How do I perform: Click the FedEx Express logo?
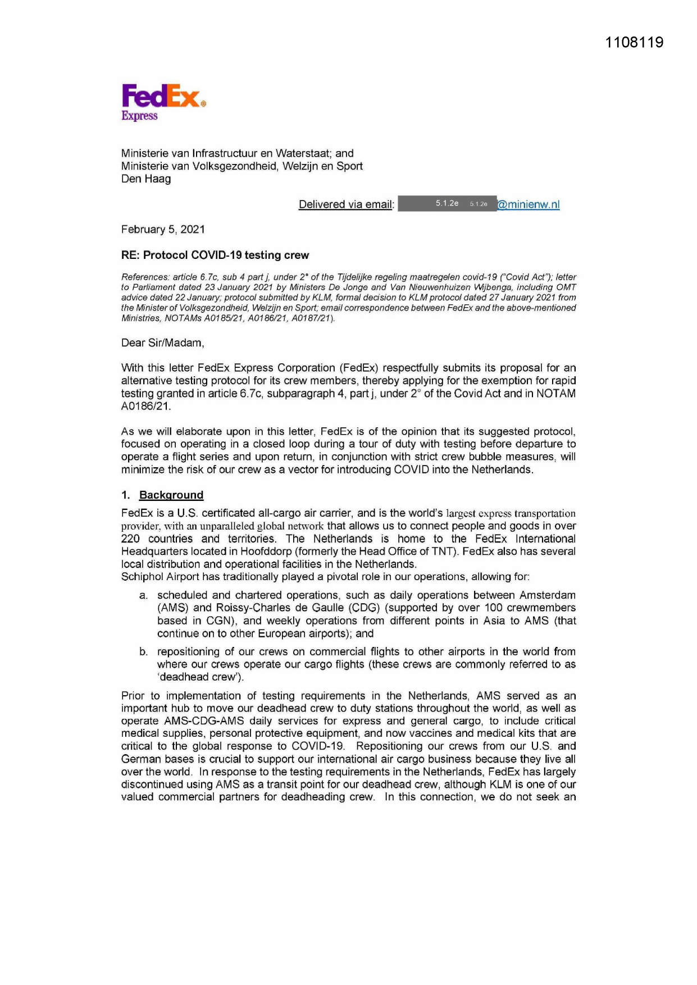(x=163, y=102)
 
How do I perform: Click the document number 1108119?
(x=634, y=43)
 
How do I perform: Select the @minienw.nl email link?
(x=529, y=204)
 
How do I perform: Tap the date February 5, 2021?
(x=163, y=229)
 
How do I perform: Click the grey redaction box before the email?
(x=447, y=203)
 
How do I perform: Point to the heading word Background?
(x=171, y=495)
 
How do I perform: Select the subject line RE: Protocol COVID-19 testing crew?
(x=215, y=255)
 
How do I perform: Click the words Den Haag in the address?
(x=146, y=179)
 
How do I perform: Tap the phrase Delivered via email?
(x=346, y=204)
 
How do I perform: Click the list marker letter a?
(x=143, y=595)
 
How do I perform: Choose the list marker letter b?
(x=143, y=652)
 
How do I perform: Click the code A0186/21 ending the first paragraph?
(x=145, y=406)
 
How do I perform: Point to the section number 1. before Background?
(x=125, y=495)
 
